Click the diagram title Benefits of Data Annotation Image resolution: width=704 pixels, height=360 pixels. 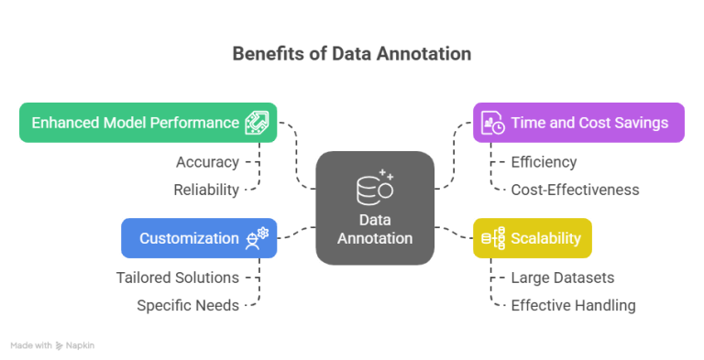click(351, 53)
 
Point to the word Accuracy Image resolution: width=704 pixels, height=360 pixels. click(207, 162)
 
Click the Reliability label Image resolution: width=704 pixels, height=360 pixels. click(206, 190)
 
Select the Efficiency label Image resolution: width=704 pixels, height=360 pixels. click(544, 162)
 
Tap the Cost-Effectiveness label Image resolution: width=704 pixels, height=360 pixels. click(575, 190)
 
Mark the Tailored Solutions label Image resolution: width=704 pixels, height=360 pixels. click(178, 277)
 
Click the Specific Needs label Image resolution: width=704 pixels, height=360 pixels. click(188, 305)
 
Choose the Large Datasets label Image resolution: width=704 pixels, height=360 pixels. click(563, 277)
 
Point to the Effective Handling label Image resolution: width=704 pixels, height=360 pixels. click(573, 305)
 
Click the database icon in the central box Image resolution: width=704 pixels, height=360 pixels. click(374, 186)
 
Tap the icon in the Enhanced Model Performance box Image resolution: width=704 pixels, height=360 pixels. click(256, 123)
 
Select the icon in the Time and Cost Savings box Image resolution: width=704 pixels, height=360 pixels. click(493, 123)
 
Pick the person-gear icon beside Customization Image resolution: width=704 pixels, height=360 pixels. click(257, 238)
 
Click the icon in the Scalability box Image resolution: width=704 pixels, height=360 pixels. click(490, 238)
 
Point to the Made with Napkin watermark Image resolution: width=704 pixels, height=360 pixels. click(52, 345)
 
